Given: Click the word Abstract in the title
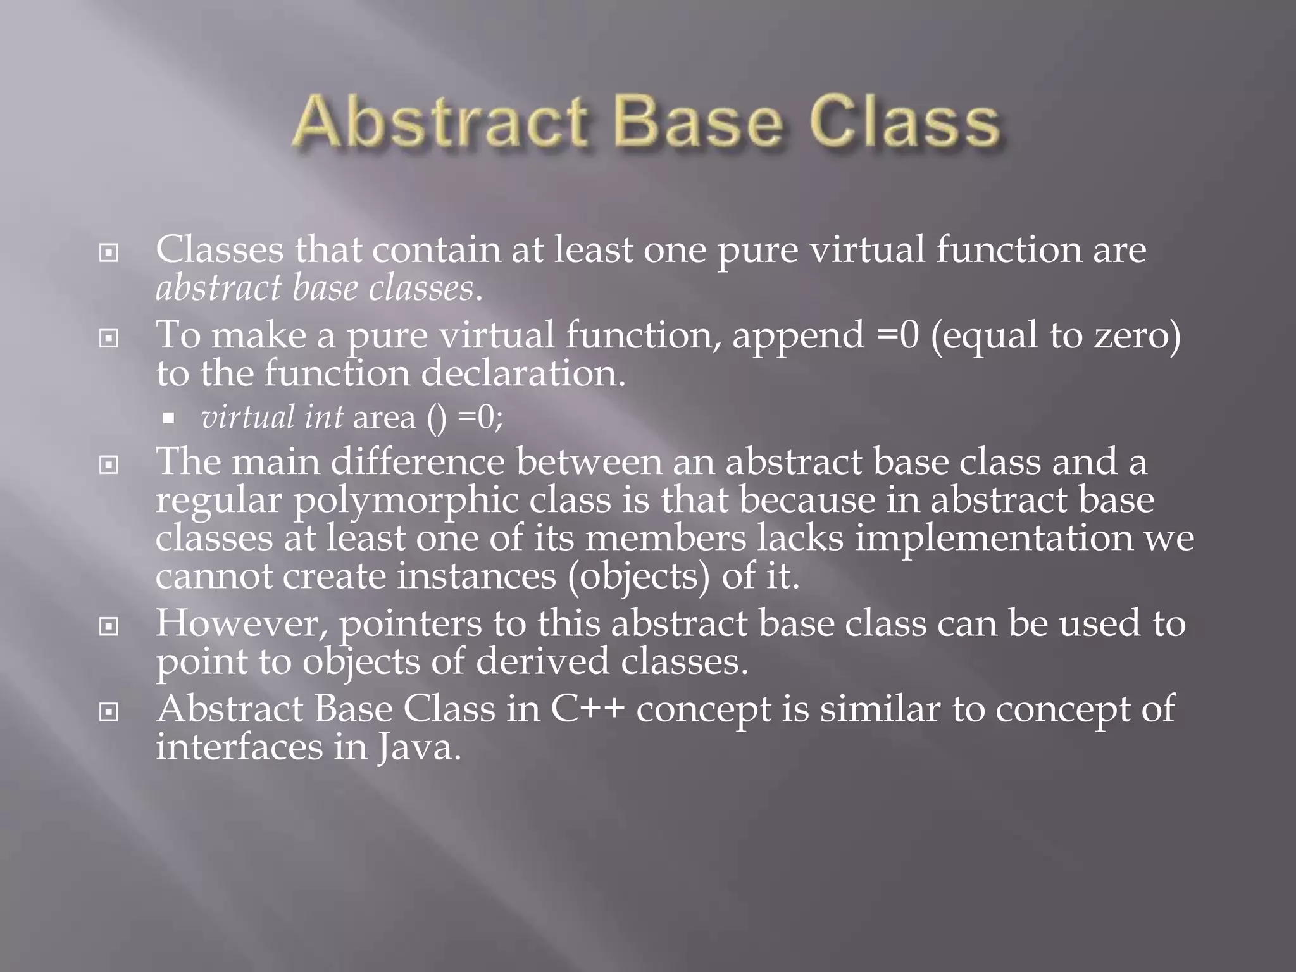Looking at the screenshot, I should coord(439,123).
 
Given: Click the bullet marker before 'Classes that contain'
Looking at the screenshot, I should coord(109,254).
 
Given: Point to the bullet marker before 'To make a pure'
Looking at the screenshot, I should coord(109,339).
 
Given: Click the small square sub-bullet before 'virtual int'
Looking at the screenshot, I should coord(168,418).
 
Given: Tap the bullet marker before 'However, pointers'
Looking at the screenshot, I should coord(109,627).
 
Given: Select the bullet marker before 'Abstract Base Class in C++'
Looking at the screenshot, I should coord(109,713).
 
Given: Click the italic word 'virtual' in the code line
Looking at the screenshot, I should coord(247,418).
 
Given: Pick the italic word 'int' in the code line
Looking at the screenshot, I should coord(323,418).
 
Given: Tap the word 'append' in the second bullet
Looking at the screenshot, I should coord(798,335).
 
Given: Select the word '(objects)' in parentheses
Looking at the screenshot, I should coord(639,577).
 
